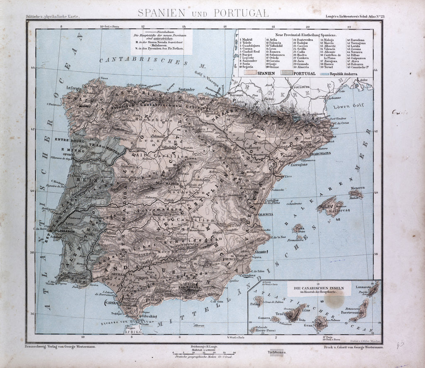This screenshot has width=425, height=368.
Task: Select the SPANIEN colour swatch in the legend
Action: (250, 73)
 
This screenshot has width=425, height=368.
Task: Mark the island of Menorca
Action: (356, 193)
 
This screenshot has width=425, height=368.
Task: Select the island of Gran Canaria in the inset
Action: (320, 322)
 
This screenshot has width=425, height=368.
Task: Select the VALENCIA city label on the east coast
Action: (265, 214)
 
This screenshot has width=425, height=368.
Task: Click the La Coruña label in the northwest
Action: (74, 88)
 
